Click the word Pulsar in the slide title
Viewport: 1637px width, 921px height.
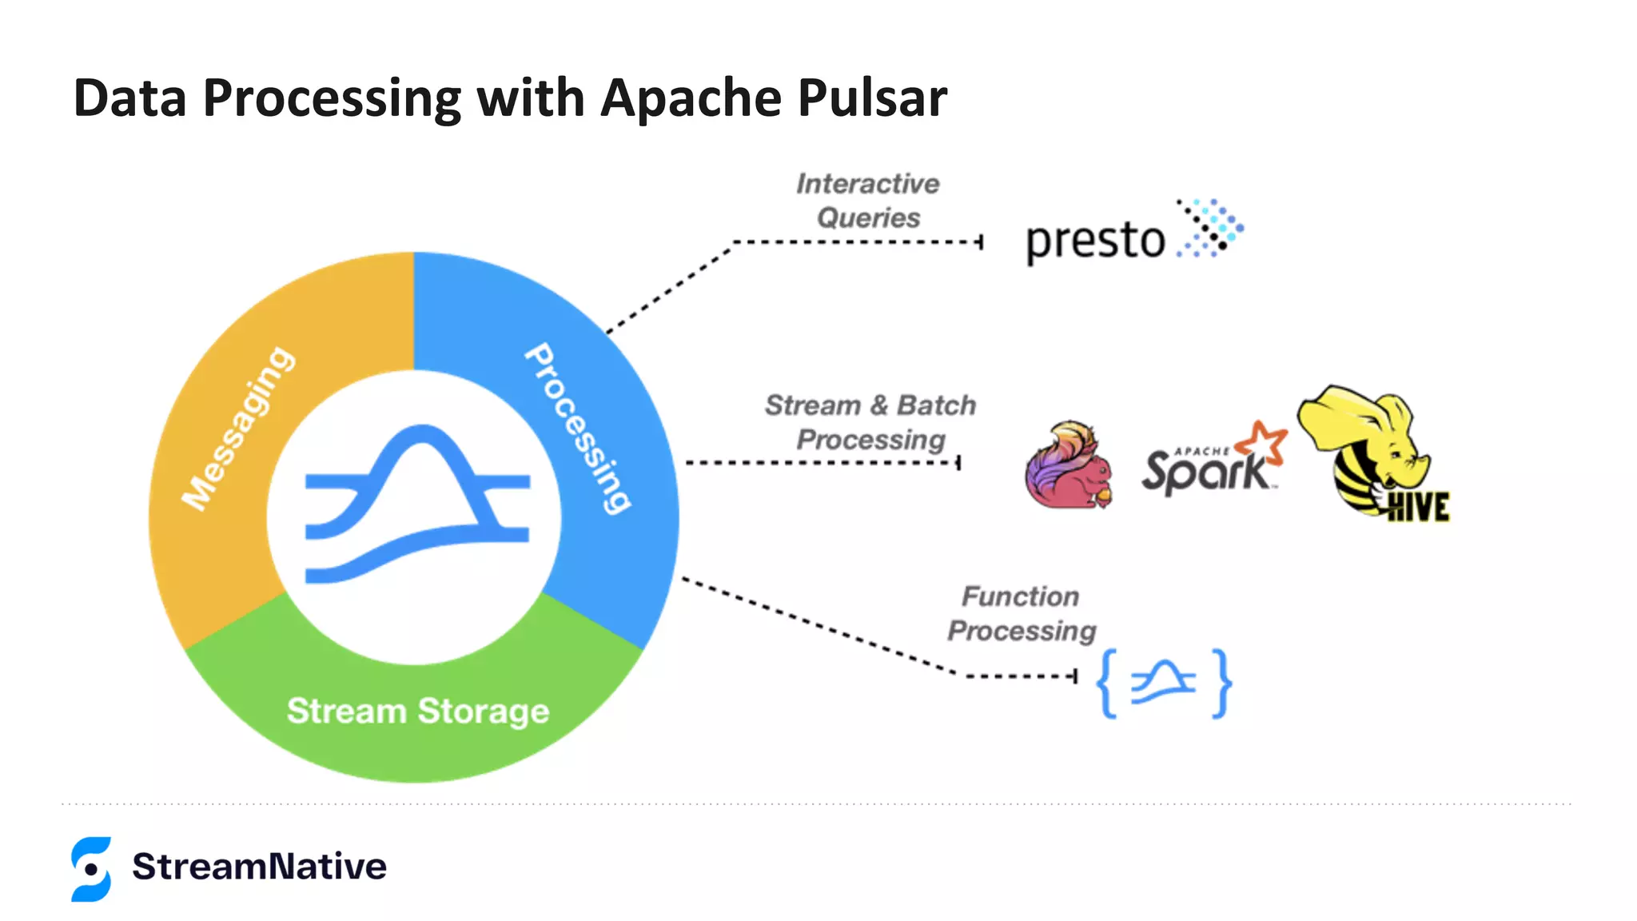click(872, 98)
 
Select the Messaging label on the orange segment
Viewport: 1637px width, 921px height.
click(237, 429)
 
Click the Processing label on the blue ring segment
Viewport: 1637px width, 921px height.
click(578, 429)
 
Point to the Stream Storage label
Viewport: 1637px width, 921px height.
click(418, 711)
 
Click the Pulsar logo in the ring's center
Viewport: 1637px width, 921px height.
click(417, 504)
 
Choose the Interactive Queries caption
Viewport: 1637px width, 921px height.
click(868, 201)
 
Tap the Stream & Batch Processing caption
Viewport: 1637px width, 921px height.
click(870, 422)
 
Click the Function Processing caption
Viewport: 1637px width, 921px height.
click(1022, 613)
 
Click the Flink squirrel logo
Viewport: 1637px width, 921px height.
click(1069, 466)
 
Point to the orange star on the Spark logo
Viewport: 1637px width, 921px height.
click(1262, 442)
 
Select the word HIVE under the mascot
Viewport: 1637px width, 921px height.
click(1418, 507)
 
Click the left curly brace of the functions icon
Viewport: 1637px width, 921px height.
click(1107, 684)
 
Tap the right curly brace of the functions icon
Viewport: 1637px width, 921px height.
click(1221, 684)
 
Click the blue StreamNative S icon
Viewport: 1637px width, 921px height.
click(91, 869)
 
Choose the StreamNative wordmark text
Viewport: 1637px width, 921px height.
click(259, 867)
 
